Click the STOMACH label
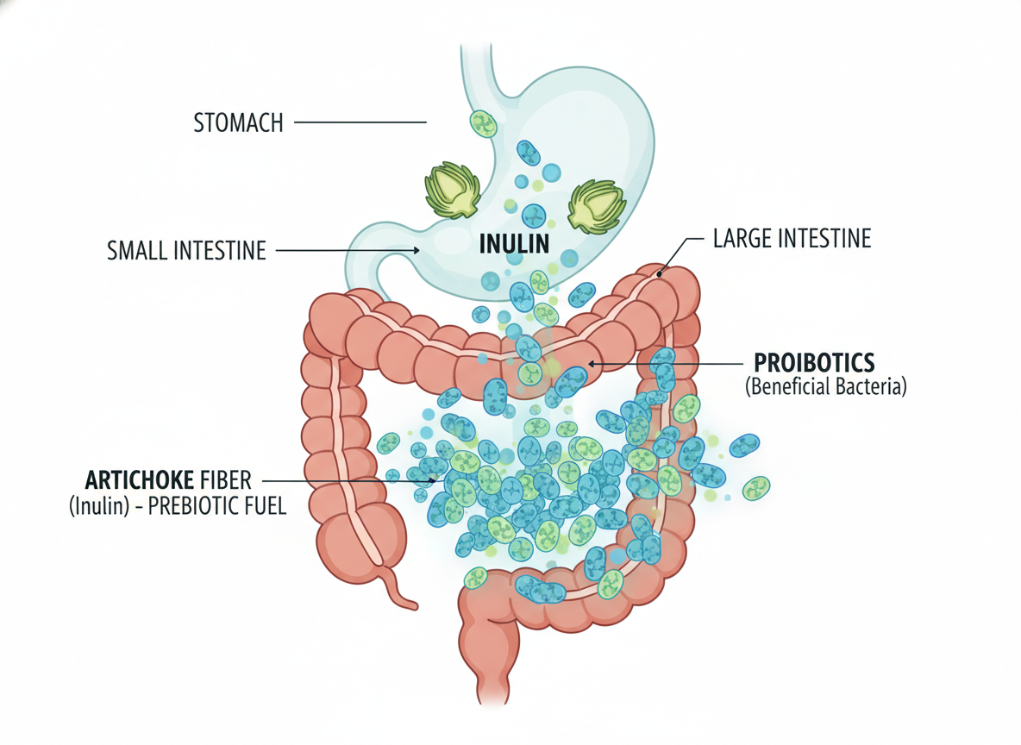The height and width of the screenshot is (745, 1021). [x=238, y=122]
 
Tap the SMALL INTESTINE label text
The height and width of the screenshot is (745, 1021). [x=186, y=251]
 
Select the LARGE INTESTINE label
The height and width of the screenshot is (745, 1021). [x=792, y=238]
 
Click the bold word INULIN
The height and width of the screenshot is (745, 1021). [x=514, y=243]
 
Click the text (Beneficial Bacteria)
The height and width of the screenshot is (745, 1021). [x=826, y=387]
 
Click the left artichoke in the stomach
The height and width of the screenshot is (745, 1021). [x=453, y=190]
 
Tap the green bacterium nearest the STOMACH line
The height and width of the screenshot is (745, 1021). [x=484, y=123]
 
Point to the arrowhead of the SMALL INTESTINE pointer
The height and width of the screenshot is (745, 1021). [x=417, y=251]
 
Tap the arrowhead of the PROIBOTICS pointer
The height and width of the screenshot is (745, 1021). [x=591, y=365]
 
